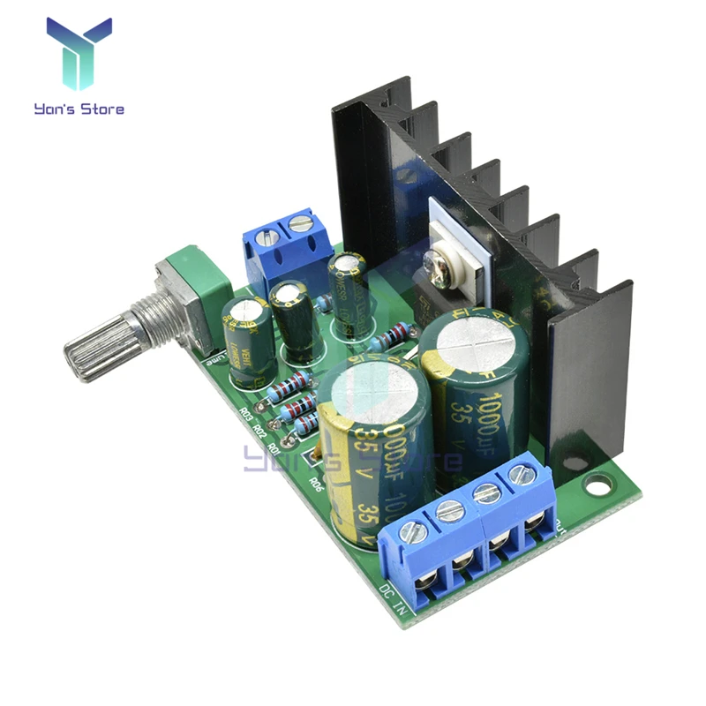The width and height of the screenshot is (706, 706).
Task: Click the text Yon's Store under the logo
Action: [79, 109]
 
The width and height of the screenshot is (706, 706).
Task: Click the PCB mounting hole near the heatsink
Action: [601, 484]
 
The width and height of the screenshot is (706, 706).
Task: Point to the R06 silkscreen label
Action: [315, 484]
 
